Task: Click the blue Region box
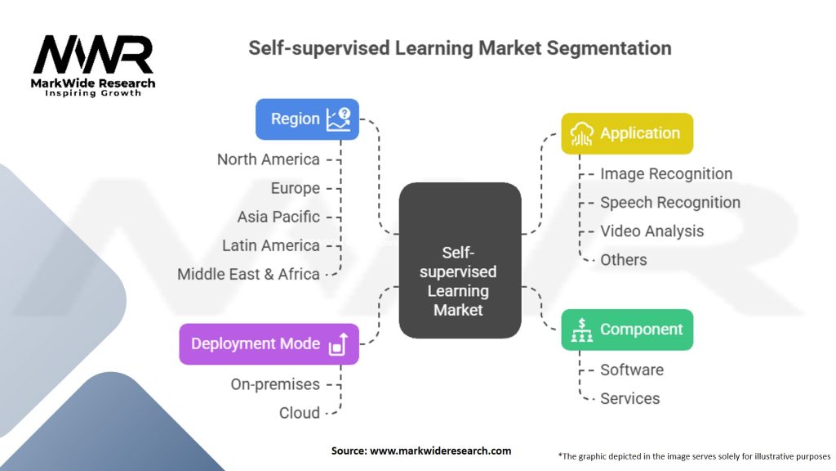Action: pos(307,119)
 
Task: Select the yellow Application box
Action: pos(626,133)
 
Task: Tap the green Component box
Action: pos(626,330)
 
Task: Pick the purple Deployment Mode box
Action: pos(269,343)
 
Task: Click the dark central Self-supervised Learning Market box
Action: pos(459,260)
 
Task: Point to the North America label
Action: pos(268,159)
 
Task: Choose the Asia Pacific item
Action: pos(278,217)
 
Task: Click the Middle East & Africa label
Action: pos(248,274)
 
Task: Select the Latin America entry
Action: pos(271,245)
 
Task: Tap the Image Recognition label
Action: pos(666,173)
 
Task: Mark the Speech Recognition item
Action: pos(670,202)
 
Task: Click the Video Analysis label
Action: pos(651,231)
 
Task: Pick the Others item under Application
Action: pos(624,259)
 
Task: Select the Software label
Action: pos(632,370)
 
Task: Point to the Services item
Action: pos(630,398)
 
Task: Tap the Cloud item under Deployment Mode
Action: pos(300,413)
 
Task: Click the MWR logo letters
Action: pos(92,56)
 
